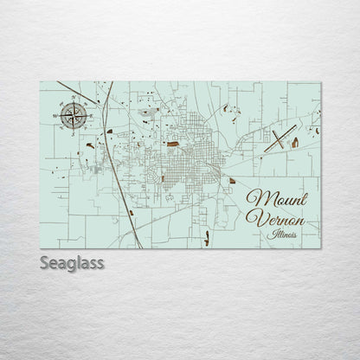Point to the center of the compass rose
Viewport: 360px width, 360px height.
(x=74, y=114)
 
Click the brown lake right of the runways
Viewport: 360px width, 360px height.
(x=295, y=142)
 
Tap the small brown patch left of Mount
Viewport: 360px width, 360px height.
(x=231, y=180)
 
